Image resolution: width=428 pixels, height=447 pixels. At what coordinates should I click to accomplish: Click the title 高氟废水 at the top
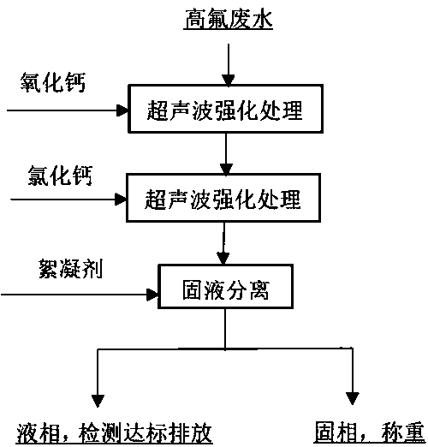[228, 19]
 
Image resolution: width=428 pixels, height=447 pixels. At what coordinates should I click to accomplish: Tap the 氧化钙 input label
[53, 82]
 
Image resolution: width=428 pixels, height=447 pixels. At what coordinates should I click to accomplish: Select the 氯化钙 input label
[60, 176]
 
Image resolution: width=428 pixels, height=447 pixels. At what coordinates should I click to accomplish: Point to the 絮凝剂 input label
[70, 269]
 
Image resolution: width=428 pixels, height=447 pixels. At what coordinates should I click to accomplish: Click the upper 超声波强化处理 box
[225, 109]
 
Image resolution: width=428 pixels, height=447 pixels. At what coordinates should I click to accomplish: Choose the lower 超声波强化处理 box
[223, 198]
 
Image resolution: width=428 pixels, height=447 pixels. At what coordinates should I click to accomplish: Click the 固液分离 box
[225, 286]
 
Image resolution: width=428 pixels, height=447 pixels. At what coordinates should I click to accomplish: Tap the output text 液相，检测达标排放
[115, 433]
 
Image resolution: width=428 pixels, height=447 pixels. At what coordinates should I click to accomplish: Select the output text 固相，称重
[370, 432]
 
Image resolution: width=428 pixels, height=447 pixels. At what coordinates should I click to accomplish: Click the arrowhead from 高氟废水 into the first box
[229, 80]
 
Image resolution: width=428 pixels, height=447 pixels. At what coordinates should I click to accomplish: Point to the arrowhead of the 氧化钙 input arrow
[122, 110]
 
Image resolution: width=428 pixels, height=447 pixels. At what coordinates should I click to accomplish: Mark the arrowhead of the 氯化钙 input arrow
[121, 199]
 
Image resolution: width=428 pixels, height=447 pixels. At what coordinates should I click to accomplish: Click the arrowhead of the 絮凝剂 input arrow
[152, 295]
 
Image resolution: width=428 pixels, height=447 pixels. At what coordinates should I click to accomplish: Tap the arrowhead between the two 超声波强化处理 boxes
[226, 170]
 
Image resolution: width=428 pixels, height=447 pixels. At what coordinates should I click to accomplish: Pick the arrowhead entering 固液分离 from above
[223, 259]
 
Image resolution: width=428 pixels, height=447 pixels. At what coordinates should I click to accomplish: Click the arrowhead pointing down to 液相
[98, 401]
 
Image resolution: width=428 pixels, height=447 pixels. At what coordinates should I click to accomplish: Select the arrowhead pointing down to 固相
[353, 399]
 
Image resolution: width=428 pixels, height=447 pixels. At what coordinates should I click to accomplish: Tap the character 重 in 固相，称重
[414, 432]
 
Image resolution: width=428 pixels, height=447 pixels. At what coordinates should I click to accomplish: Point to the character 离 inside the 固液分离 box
[259, 290]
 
